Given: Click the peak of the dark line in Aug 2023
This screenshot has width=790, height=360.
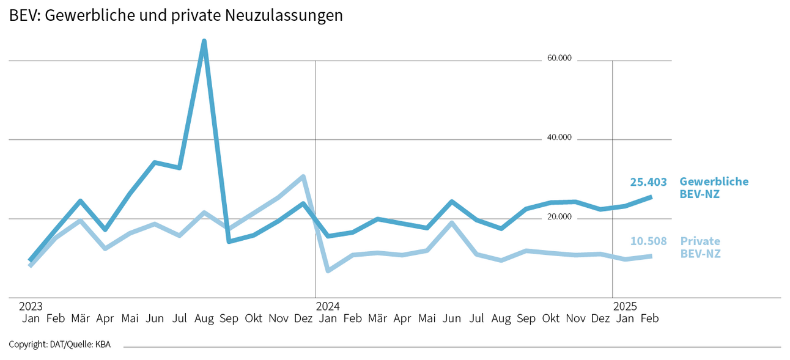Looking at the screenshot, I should pyautogui.click(x=204, y=41).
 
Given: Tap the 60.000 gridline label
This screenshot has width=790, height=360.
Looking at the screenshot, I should pyautogui.click(x=559, y=58).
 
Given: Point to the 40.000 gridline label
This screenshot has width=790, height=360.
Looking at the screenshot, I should pyautogui.click(x=559, y=138).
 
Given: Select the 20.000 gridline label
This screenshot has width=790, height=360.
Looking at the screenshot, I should pyautogui.click(x=559, y=217).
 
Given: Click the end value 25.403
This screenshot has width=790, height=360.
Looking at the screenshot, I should pyautogui.click(x=648, y=182).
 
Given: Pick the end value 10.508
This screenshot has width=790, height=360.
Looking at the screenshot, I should pyautogui.click(x=648, y=241).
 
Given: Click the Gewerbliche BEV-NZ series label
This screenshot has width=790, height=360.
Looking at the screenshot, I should pyautogui.click(x=713, y=188).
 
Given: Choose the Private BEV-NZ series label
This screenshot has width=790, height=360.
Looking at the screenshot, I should pyautogui.click(x=700, y=247).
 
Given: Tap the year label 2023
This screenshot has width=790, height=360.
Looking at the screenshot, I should pyautogui.click(x=31, y=306).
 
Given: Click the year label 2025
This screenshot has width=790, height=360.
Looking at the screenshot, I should pyautogui.click(x=624, y=306).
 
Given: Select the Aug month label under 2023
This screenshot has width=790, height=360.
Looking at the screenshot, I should pyautogui.click(x=204, y=318).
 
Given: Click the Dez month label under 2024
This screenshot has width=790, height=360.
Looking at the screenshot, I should pyautogui.click(x=600, y=318).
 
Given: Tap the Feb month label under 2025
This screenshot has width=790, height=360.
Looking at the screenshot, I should pyautogui.click(x=650, y=318).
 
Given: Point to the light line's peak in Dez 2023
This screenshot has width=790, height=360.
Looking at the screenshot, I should pyautogui.click(x=303, y=177).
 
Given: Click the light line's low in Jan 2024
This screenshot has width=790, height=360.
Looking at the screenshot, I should pyautogui.click(x=328, y=270).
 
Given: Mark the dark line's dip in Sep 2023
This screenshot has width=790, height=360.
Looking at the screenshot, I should pyautogui.click(x=229, y=241).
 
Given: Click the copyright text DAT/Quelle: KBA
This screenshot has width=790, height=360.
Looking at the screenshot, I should pyautogui.click(x=60, y=345).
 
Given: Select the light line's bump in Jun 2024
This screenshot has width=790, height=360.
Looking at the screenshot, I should pyautogui.click(x=452, y=223).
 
